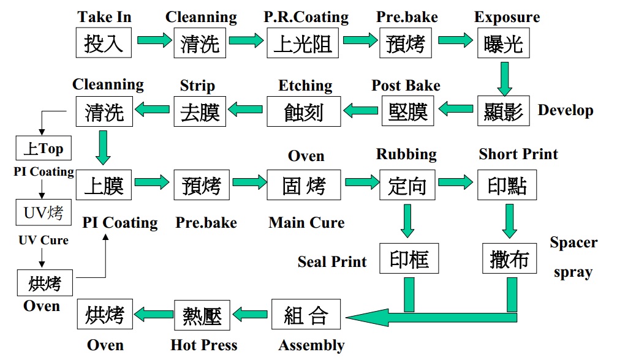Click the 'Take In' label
coord(104,17)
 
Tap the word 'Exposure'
coord(507,17)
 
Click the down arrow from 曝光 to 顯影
coord(504,79)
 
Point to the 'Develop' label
coord(565,111)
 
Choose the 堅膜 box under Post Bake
coord(407,111)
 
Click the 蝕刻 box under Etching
coord(303,111)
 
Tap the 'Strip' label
coord(197,85)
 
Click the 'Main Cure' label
coord(306,222)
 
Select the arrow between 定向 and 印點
coord(455,182)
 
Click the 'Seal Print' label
coord(332,262)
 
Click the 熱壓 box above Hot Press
coord(203,315)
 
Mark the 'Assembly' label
coord(311,345)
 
